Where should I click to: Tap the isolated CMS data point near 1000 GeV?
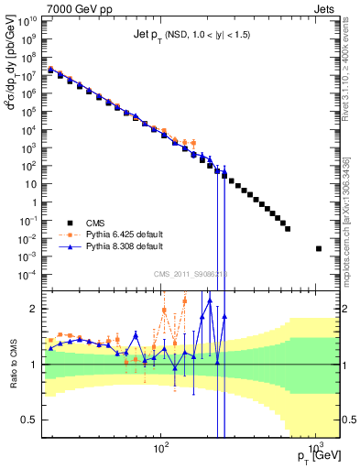point(319,248)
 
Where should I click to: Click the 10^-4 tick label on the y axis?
point(30,274)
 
